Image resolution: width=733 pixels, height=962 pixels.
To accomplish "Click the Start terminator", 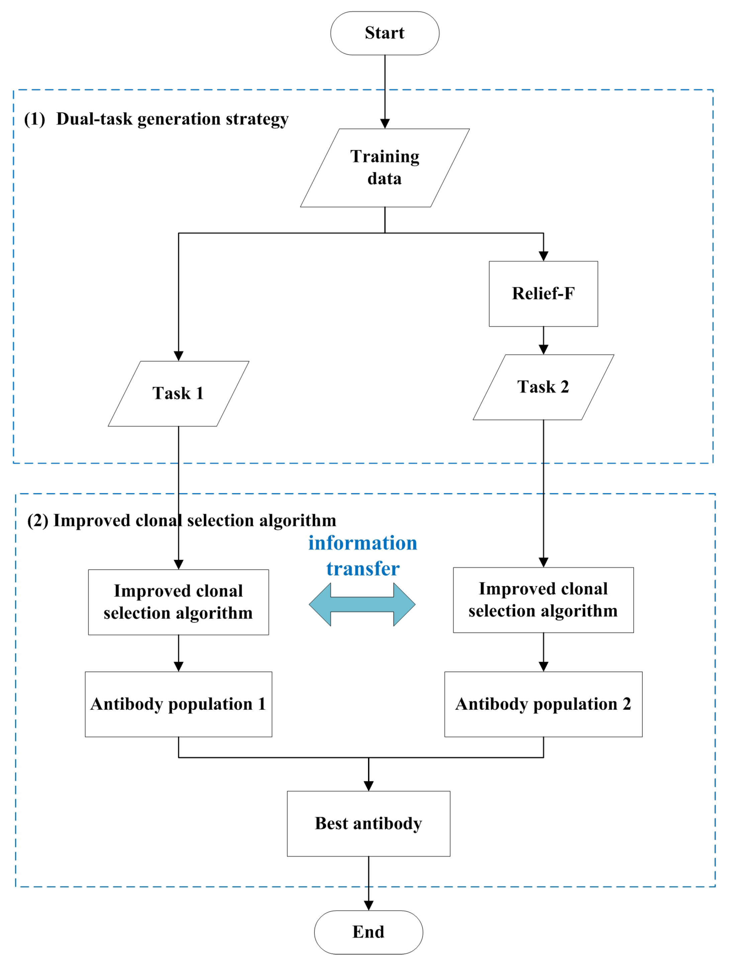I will (x=384, y=33).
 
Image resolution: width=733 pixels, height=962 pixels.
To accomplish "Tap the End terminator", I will (x=368, y=932).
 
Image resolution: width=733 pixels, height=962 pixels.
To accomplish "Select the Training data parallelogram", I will (x=384, y=168).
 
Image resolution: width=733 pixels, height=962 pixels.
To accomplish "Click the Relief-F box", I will (x=543, y=294).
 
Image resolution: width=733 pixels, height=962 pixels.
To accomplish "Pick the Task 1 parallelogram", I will (x=178, y=393).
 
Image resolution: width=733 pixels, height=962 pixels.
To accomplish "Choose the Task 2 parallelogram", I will (x=543, y=387).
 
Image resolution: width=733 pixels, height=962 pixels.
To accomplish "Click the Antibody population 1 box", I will (x=178, y=704).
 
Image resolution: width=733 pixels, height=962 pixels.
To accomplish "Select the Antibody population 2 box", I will (x=543, y=704).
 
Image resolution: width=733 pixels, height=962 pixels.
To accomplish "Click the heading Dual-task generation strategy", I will (x=172, y=119).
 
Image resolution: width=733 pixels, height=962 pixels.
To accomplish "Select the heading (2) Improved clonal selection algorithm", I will (x=182, y=520).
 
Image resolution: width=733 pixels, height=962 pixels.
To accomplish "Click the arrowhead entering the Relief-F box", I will (x=543, y=256).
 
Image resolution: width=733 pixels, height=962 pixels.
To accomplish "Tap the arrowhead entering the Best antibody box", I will (x=368, y=786).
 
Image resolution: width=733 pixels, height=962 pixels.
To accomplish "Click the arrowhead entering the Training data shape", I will (x=384, y=123).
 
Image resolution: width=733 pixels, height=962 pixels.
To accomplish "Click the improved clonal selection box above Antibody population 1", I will (x=178, y=602).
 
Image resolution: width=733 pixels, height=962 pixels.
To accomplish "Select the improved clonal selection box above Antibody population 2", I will (x=543, y=600).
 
